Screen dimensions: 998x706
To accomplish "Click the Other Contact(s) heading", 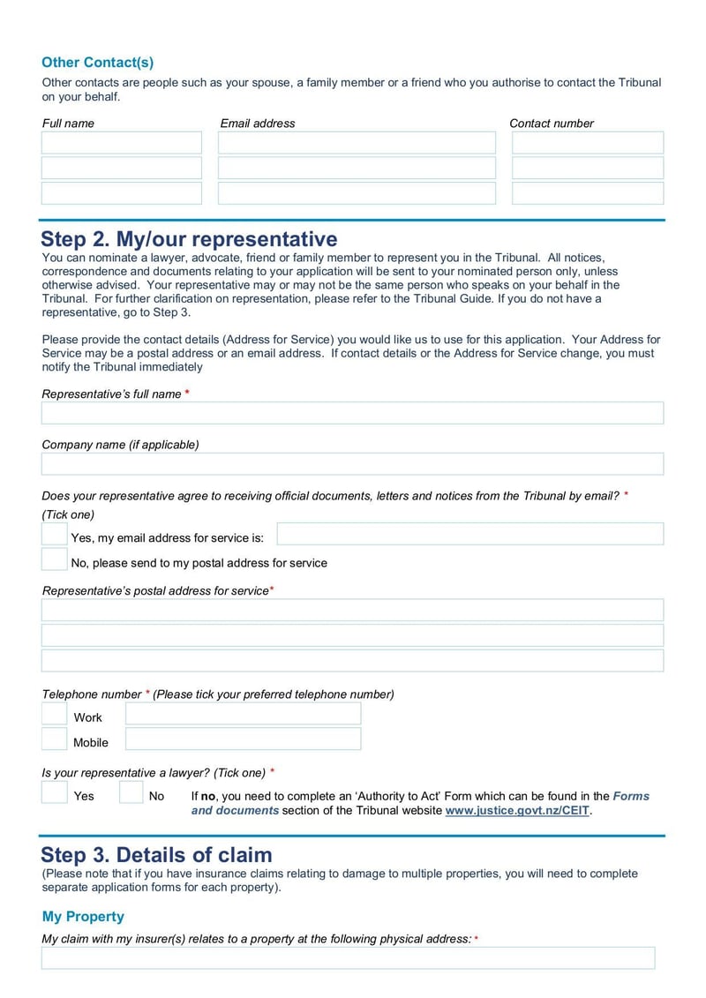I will click(97, 63).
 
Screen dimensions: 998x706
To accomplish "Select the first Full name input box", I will click(122, 143).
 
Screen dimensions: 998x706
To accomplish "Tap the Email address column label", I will click(258, 124).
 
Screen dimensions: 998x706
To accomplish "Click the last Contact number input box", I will click(587, 193).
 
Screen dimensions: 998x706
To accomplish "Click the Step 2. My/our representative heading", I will click(189, 239).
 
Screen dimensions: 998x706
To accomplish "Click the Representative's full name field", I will click(352, 413).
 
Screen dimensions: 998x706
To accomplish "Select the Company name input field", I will click(352, 464).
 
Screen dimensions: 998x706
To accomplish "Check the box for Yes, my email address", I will click(55, 534).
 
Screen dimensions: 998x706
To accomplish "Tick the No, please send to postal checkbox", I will click(55, 559).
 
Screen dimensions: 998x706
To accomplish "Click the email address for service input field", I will click(469, 534).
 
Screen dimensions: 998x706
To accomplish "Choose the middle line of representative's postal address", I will click(352, 635).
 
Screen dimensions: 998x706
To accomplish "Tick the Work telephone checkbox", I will click(55, 714).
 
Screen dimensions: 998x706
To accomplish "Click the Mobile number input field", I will click(243, 739).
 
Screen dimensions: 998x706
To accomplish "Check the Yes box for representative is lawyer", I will click(55, 792).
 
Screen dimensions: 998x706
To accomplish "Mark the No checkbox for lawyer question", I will click(131, 792).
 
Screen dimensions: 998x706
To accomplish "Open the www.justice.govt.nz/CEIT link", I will click(517, 810).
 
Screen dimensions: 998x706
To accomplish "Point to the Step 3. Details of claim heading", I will click(156, 854).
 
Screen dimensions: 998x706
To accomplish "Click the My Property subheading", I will click(83, 916).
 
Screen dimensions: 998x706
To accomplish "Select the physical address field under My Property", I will click(348, 958).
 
